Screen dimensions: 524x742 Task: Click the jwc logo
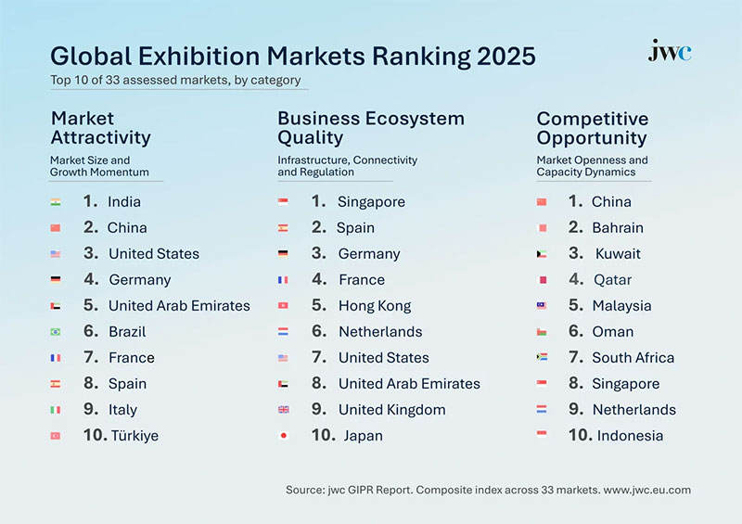(669, 52)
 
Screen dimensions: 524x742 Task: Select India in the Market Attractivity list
(124, 201)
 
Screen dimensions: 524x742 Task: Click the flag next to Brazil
(56, 331)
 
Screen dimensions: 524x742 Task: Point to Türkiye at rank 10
(134, 435)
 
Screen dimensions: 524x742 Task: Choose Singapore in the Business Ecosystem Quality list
(371, 201)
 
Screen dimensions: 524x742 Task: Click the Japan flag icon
(283, 435)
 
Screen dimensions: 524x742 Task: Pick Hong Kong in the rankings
(374, 305)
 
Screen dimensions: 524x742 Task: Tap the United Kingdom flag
(283, 409)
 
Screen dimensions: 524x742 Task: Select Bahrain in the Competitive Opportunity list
(618, 227)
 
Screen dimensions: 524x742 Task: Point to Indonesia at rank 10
(630, 435)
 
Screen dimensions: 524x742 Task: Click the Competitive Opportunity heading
(592, 128)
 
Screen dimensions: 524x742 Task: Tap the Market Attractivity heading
(100, 128)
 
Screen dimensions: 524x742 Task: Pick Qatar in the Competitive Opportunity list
(612, 279)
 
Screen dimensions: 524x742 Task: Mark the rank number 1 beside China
(575, 201)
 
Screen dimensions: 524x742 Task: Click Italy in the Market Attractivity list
(122, 409)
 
